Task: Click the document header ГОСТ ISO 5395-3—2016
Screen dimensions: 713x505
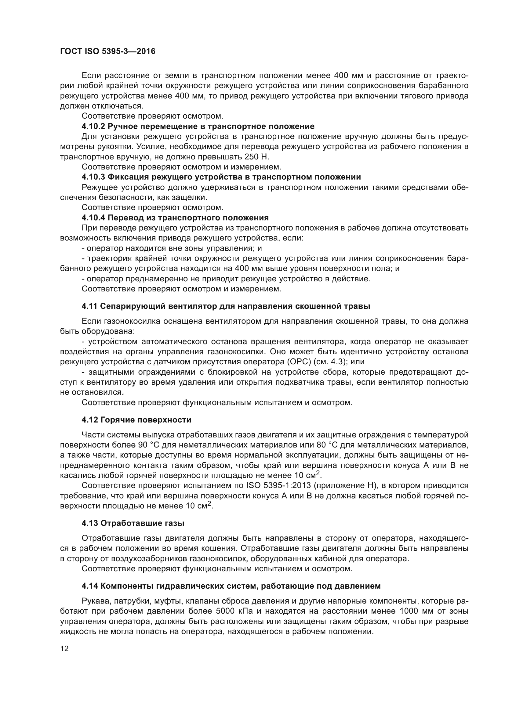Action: pos(107,52)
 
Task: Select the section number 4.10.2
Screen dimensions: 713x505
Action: pos(94,127)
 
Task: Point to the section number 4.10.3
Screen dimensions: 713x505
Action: pos(94,177)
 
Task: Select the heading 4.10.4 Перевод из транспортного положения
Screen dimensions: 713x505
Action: pos(175,218)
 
